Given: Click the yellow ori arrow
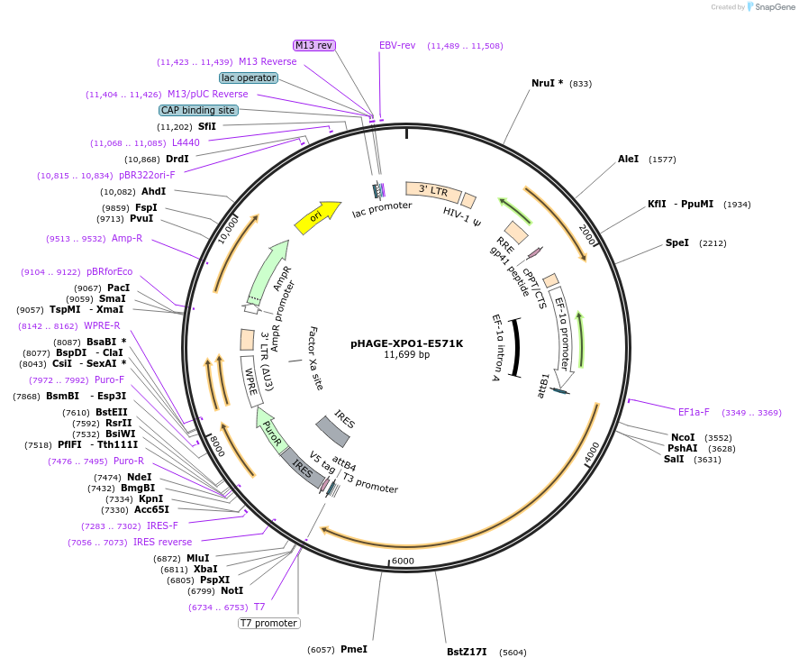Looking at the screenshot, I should [317, 216].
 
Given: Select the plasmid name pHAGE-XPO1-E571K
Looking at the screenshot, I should [406, 343].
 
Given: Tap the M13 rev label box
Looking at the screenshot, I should [313, 45].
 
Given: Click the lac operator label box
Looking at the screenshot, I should [249, 78].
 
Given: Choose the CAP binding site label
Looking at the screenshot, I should [198, 110].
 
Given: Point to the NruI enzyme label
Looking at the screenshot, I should [547, 83].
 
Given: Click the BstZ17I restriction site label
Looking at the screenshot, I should [467, 652].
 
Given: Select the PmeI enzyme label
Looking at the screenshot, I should [353, 649].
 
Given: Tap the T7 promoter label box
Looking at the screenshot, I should [268, 623].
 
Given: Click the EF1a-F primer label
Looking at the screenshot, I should [694, 412].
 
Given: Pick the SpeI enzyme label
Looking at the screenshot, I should [676, 242].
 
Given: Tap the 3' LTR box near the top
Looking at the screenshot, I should [433, 191].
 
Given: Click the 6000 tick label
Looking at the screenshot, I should [403, 561].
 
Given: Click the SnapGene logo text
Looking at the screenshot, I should [775, 7].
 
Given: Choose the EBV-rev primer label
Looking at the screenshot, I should [397, 45].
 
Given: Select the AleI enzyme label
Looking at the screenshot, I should [628, 159].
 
